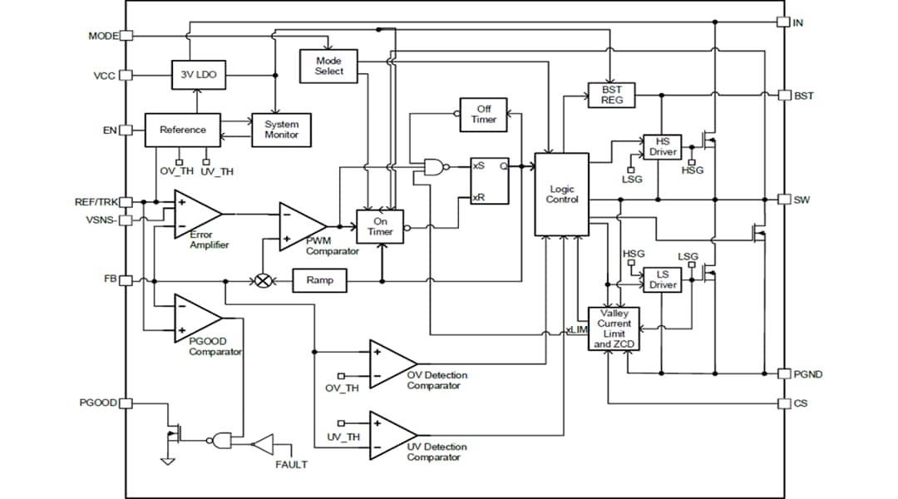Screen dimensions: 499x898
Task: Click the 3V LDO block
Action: (198, 75)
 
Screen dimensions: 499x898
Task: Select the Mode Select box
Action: (328, 66)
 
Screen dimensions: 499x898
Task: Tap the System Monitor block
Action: (281, 130)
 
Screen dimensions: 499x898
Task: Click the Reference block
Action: (183, 130)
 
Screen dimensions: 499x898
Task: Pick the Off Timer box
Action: (483, 114)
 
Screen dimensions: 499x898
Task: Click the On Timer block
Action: (380, 226)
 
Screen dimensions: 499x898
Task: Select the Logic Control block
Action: (561, 194)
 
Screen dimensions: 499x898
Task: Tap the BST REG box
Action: (611, 94)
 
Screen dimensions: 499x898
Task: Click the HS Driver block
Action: (663, 147)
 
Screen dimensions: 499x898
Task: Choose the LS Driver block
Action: (663, 279)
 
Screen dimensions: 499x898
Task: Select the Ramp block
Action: (319, 280)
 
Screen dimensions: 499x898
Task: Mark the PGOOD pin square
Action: (126, 403)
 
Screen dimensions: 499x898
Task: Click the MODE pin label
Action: (103, 36)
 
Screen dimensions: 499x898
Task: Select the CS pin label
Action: (799, 403)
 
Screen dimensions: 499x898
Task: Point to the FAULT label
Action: (291, 464)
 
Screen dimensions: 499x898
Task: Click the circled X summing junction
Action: (264, 280)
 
